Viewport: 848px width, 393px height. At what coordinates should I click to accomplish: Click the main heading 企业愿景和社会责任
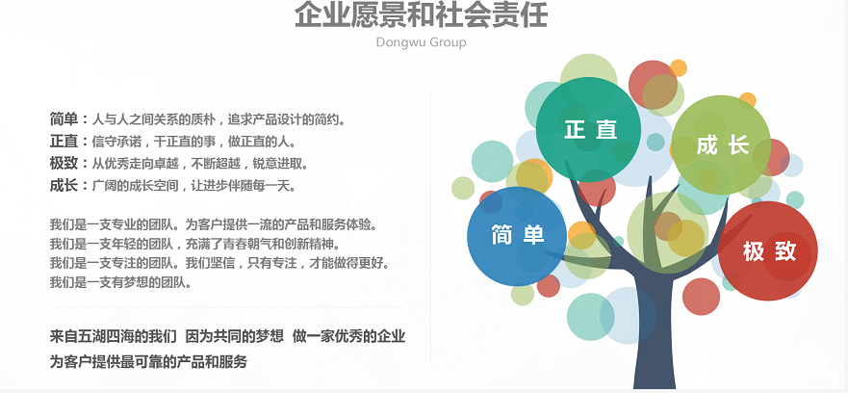pyautogui.click(x=421, y=14)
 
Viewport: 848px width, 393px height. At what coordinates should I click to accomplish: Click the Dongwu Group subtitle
pyautogui.click(x=421, y=42)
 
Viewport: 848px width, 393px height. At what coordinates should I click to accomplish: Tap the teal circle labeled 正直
pyautogui.click(x=588, y=130)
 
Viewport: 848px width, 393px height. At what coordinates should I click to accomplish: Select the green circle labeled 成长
pyautogui.click(x=721, y=145)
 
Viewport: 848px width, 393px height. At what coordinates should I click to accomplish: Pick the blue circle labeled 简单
pyautogui.click(x=517, y=236)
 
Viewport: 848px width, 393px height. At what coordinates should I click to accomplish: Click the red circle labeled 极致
pyautogui.click(x=768, y=251)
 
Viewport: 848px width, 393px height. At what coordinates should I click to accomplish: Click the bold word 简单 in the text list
pyautogui.click(x=64, y=119)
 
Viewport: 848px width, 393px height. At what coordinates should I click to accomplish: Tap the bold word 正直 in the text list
pyautogui.click(x=64, y=142)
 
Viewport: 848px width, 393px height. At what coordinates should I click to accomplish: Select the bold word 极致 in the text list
pyautogui.click(x=64, y=164)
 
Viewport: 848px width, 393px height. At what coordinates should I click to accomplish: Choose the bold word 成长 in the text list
pyautogui.click(x=64, y=186)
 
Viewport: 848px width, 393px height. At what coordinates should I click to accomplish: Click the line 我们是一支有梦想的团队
pyautogui.click(x=121, y=282)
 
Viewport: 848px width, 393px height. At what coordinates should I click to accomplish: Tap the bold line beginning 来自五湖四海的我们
pyautogui.click(x=228, y=336)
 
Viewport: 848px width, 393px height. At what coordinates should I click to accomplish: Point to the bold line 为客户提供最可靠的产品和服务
pyautogui.click(x=148, y=361)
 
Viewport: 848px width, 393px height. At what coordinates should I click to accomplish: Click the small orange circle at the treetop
pyautogui.click(x=679, y=68)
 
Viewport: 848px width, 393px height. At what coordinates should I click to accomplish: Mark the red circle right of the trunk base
pyautogui.click(x=701, y=297)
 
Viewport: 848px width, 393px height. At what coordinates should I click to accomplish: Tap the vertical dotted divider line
pyautogui.click(x=431, y=227)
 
